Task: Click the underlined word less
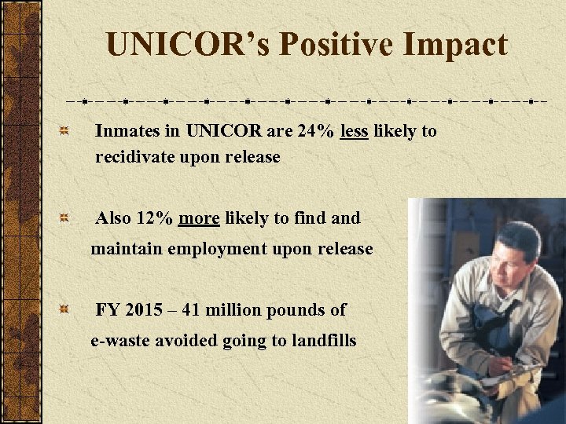pos(355,131)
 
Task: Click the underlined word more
pos(199,218)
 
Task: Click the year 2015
pos(145,309)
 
